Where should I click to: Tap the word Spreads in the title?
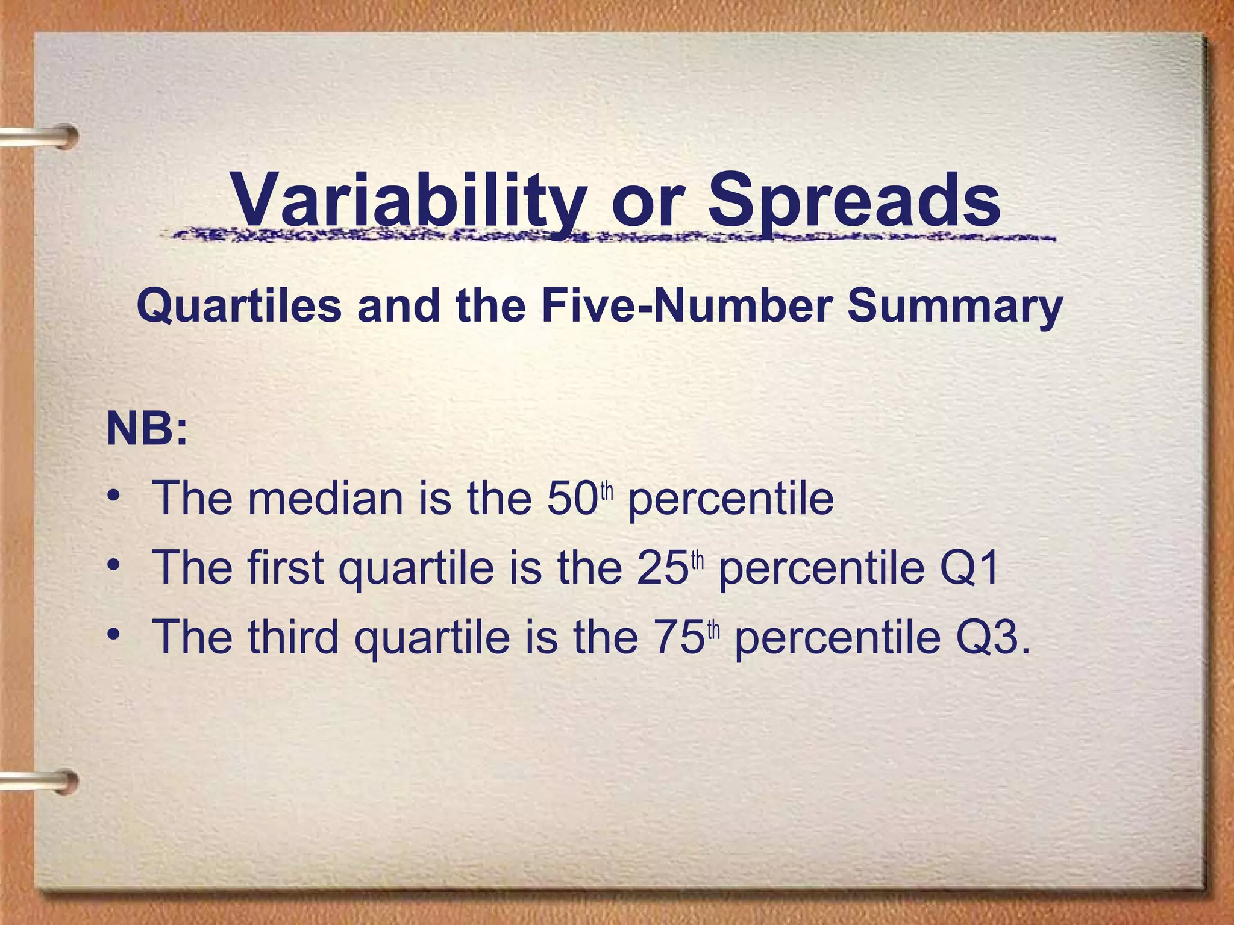pos(854,200)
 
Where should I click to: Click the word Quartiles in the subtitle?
pos(239,306)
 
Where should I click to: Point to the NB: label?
pos(147,429)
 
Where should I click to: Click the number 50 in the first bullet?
pos(572,499)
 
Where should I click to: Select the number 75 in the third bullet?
pos(678,637)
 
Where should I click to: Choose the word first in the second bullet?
pos(285,567)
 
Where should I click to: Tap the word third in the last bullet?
pos(293,637)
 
